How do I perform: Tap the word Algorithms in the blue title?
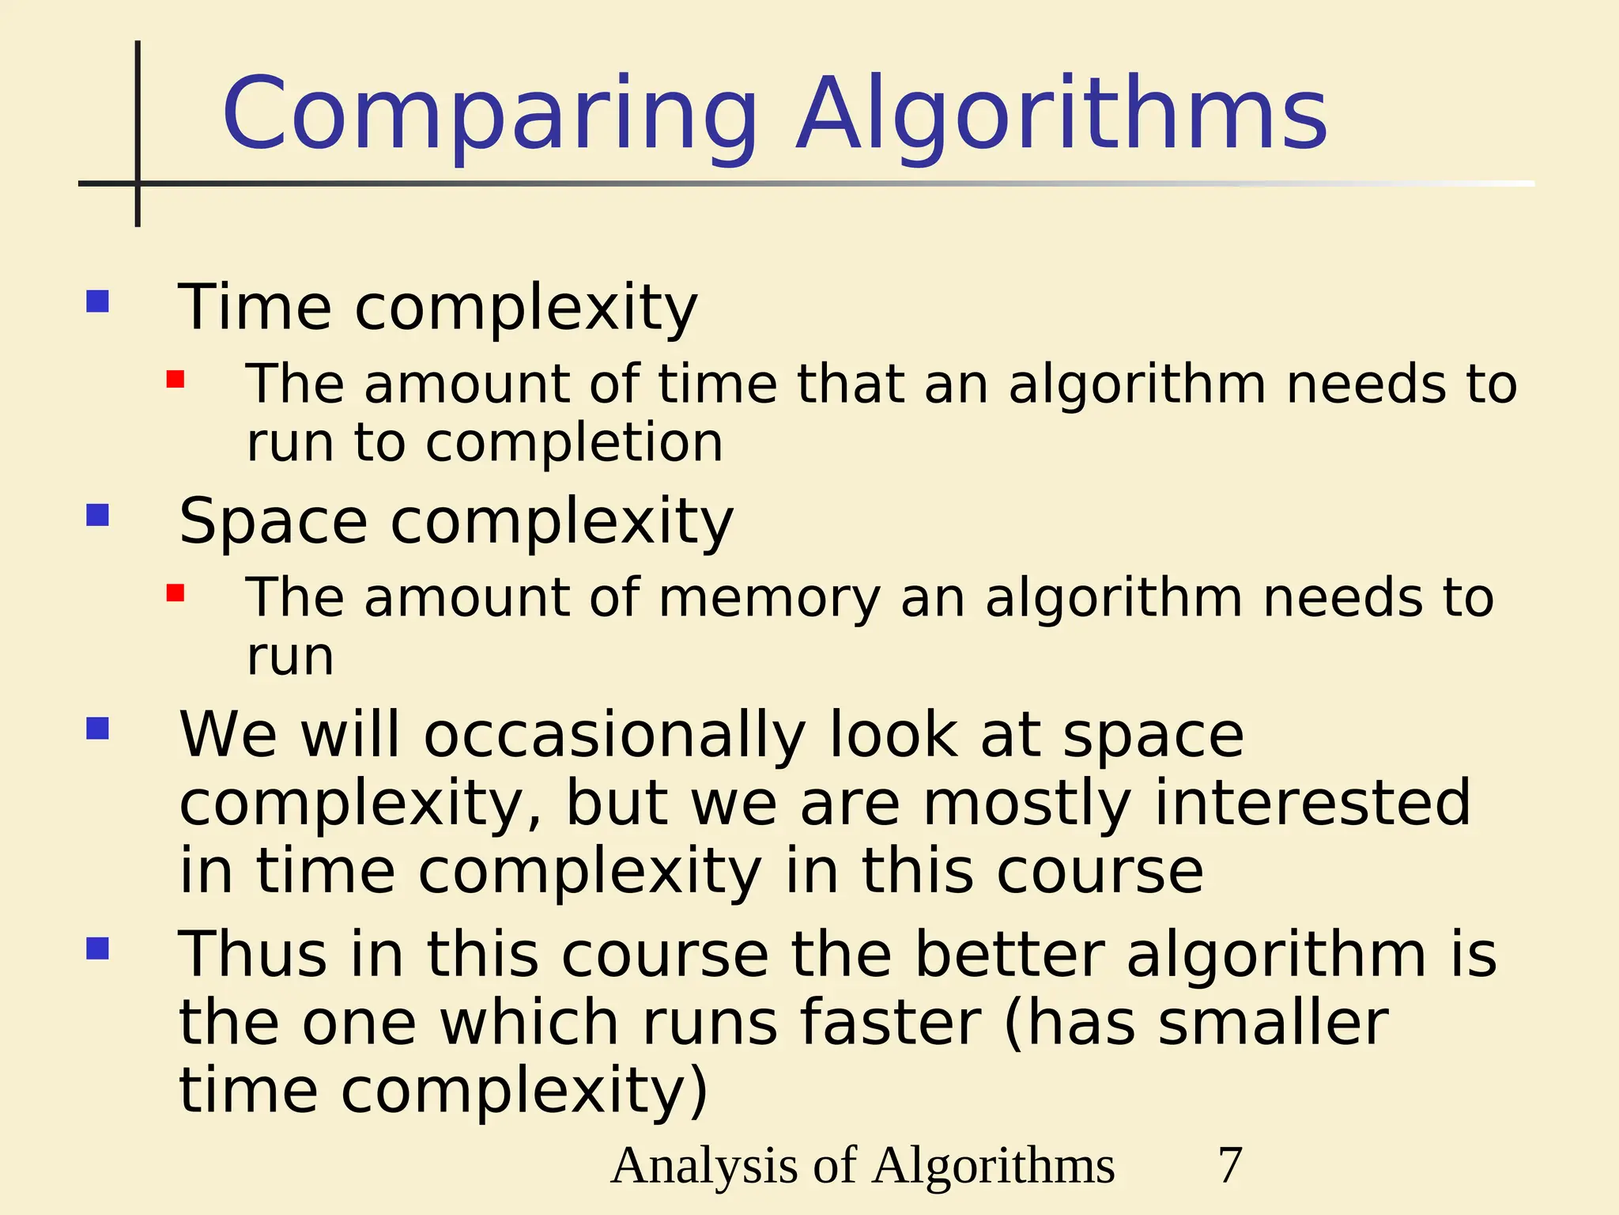point(1062,115)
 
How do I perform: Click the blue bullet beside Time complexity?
point(97,301)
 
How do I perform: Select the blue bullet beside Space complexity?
point(97,516)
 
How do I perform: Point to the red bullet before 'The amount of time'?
point(175,380)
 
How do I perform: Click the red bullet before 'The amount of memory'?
point(175,593)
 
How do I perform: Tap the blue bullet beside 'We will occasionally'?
point(97,729)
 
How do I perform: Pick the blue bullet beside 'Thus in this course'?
point(97,948)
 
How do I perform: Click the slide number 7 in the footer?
point(1230,1165)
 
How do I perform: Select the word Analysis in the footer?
point(704,1165)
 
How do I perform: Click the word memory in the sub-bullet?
point(769,599)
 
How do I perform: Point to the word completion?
point(575,443)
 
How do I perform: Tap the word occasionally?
point(614,736)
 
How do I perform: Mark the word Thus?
point(252,955)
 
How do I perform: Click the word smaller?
point(1273,1023)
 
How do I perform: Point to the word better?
point(1010,955)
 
